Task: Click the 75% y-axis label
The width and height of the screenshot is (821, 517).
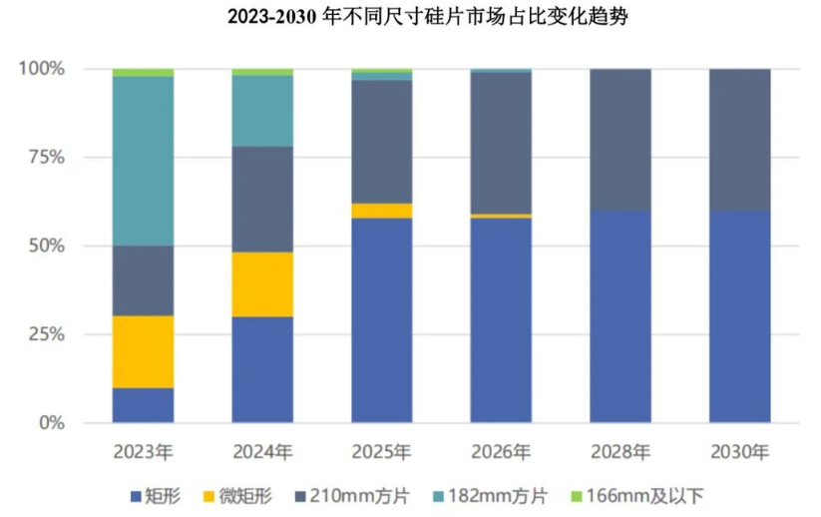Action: (44, 158)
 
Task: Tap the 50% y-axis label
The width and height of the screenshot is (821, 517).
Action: (44, 247)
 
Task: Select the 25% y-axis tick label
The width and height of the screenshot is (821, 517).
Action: (44, 334)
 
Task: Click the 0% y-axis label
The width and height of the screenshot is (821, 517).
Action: (50, 423)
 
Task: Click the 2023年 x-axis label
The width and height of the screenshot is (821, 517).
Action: (144, 452)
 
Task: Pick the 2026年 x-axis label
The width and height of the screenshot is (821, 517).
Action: (501, 452)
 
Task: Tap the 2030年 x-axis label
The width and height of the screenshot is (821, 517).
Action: (739, 452)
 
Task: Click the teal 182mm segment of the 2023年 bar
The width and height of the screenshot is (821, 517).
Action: (144, 161)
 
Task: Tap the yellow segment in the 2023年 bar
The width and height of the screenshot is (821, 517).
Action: (144, 351)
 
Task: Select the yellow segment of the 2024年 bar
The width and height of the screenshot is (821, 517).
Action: (262, 283)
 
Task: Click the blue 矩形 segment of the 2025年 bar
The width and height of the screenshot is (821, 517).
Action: (381, 319)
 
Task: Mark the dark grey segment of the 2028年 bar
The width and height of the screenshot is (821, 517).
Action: (620, 140)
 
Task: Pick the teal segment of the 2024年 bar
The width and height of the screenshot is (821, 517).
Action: (262, 111)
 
